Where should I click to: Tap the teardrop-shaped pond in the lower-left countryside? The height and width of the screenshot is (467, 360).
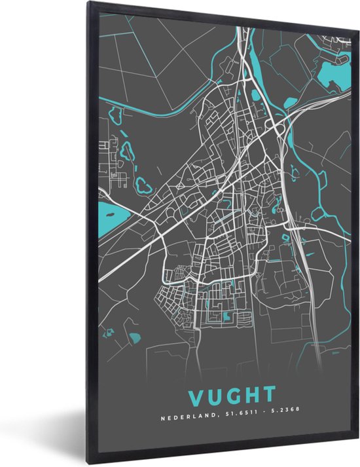136,338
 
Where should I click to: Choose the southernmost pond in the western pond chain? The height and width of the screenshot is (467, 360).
143,185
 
